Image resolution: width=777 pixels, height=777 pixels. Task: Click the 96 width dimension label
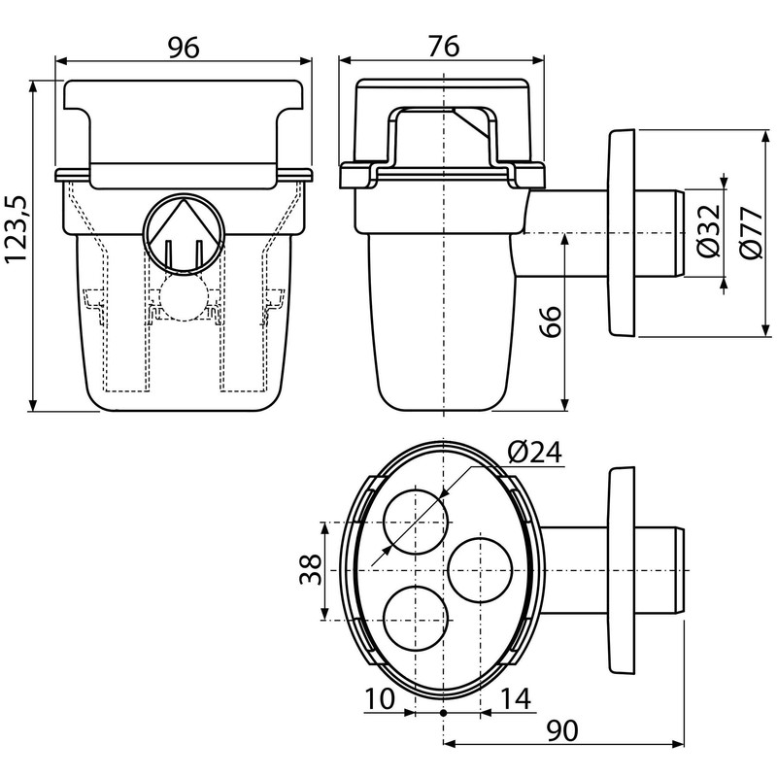click(x=184, y=47)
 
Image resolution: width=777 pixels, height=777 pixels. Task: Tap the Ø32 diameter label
click(x=709, y=230)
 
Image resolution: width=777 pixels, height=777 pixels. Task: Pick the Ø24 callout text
click(x=533, y=453)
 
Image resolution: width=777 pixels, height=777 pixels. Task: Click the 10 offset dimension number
click(x=383, y=698)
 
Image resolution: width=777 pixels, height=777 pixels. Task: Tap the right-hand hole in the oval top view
click(x=483, y=569)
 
